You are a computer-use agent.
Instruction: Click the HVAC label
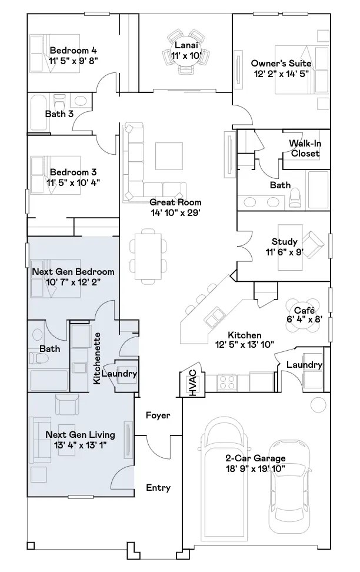(x=192, y=383)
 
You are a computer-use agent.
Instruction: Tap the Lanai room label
(x=186, y=45)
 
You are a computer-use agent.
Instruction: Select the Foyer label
(x=158, y=415)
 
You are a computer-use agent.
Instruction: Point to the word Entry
(x=158, y=488)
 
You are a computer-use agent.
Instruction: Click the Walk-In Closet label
(x=305, y=148)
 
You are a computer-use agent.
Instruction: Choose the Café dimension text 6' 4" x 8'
(x=304, y=320)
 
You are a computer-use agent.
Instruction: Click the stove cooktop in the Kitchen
(x=227, y=383)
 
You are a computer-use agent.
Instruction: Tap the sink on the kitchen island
(x=214, y=316)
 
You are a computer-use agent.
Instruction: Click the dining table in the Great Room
(x=148, y=257)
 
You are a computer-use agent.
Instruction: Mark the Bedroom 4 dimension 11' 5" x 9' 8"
(x=74, y=61)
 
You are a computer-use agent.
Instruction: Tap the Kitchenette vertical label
(x=96, y=358)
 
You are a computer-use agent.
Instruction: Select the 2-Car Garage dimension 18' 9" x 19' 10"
(x=255, y=469)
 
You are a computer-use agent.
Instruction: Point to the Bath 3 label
(x=59, y=114)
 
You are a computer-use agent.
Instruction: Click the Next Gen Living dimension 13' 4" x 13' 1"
(x=80, y=445)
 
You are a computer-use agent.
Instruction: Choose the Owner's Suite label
(x=281, y=64)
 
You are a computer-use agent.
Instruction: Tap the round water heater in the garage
(x=318, y=404)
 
